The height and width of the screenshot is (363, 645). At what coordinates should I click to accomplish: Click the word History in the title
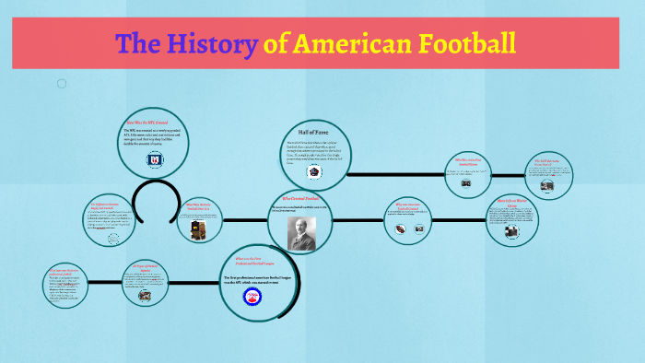214,42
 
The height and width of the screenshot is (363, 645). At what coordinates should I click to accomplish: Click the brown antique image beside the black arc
197,230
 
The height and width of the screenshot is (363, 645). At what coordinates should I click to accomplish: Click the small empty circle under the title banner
62,84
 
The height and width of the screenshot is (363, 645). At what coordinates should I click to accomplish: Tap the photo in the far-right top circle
546,185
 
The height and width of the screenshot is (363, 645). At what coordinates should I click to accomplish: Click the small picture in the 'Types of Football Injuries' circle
146,296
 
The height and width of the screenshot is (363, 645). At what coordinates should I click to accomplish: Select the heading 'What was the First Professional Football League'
251,261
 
